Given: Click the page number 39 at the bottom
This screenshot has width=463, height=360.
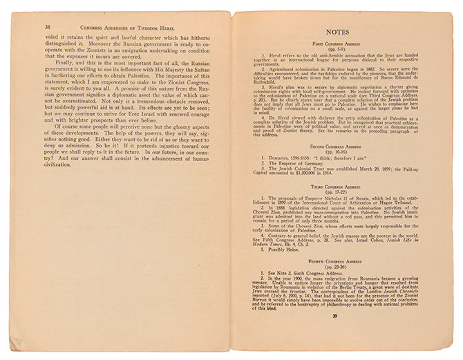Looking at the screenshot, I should point(334,316).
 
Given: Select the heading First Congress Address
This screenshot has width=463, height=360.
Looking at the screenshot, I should point(339,43).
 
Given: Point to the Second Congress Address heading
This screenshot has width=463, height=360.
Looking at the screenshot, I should point(338,147).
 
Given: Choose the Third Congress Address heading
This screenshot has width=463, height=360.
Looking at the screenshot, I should point(338,187).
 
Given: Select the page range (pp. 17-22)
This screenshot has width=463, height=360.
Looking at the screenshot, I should point(338,192).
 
